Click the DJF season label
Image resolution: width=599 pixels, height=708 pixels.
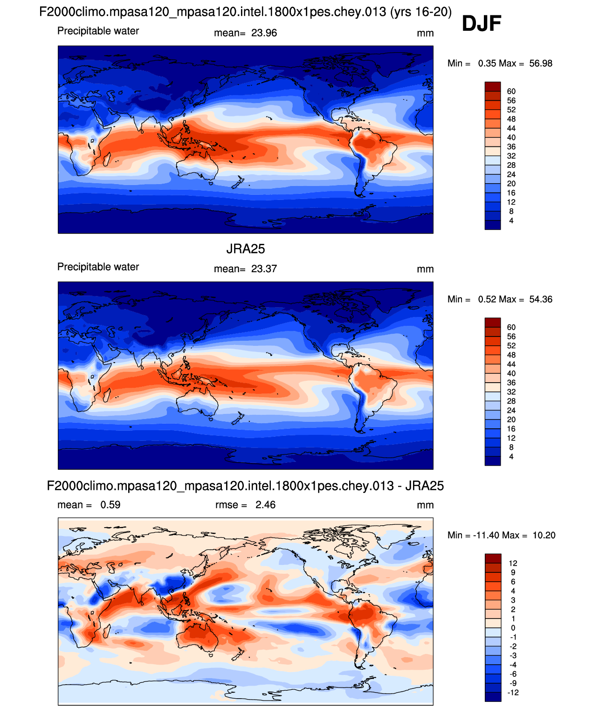[x=481, y=23]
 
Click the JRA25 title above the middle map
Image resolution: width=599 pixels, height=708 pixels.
[x=246, y=249]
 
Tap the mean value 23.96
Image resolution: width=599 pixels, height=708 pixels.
[x=264, y=33]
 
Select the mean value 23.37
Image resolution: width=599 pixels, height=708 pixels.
[x=264, y=269]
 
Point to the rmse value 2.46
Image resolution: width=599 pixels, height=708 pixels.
[x=265, y=505]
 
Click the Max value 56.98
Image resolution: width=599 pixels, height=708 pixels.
[x=541, y=63]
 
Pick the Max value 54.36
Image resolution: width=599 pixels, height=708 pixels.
[x=541, y=299]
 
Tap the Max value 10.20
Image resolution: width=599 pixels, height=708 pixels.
[x=544, y=535]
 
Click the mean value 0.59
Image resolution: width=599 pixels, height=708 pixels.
[x=110, y=505]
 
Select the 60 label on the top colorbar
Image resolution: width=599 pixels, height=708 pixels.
[x=511, y=91]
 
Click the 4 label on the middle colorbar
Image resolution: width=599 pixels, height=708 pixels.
[x=511, y=457]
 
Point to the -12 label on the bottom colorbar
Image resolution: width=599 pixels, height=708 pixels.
[x=513, y=693]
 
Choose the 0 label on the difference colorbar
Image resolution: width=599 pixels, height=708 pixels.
[x=513, y=628]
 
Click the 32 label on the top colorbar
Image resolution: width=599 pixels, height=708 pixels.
[x=511, y=156]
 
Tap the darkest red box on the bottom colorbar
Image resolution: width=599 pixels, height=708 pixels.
[x=493, y=558]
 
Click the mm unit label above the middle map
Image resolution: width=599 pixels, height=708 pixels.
[x=425, y=269]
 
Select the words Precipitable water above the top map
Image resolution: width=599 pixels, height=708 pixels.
[x=98, y=31]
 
